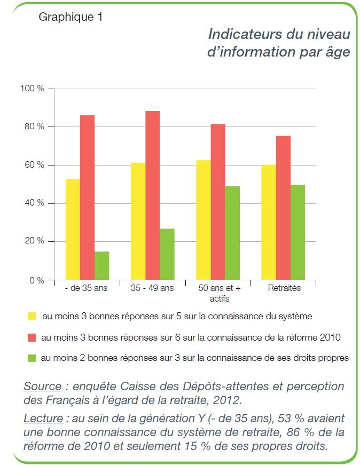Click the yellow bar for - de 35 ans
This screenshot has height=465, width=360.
click(73, 230)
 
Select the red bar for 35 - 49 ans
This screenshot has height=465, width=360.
click(152, 195)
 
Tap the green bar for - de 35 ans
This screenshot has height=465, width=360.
click(102, 265)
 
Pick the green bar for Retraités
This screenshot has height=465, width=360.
click(298, 232)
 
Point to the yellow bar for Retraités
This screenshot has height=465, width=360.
click(269, 222)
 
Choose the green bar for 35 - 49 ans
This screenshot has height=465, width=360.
click(167, 254)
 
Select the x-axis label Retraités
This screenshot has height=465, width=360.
click(283, 288)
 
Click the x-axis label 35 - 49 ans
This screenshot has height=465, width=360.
click(152, 288)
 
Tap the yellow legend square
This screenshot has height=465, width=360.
click(32, 317)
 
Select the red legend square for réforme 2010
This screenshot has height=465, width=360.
click(32, 337)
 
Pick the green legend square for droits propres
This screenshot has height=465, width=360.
click(32, 358)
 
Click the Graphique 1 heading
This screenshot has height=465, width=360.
click(70, 17)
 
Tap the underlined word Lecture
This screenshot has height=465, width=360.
click(43, 418)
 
